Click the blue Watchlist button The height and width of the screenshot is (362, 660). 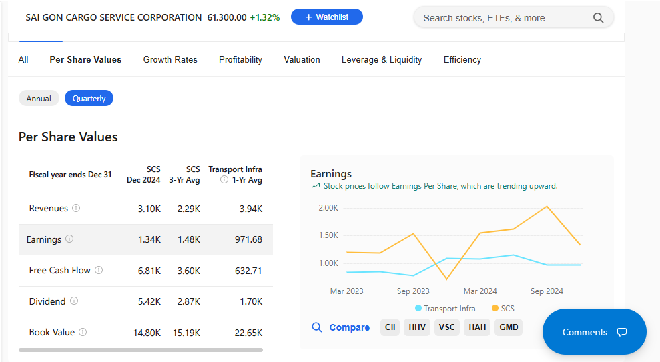[326, 17]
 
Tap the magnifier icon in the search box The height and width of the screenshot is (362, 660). [598, 18]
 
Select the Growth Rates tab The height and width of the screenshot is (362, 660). [170, 59]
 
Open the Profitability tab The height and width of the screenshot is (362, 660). [240, 59]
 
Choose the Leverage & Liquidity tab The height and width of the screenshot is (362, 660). [382, 59]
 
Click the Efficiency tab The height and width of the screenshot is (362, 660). [462, 59]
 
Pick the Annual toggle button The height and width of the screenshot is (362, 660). [39, 99]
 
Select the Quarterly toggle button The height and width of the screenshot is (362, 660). [89, 99]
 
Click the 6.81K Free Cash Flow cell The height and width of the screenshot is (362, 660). [149, 271]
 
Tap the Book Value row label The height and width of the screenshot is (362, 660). [52, 332]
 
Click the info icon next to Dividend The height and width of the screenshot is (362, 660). [74, 301]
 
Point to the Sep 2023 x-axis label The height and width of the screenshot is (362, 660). [413, 291]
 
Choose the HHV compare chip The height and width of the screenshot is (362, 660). [417, 327]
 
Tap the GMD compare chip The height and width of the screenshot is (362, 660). [509, 327]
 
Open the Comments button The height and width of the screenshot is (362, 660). [594, 332]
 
